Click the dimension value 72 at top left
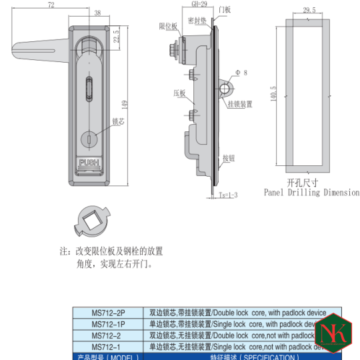(51, 5)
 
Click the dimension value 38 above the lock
(97, 13)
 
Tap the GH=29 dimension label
(191, 4)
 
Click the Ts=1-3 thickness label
(228, 195)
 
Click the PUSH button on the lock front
(89, 162)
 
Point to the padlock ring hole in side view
(226, 88)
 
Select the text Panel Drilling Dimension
(311, 193)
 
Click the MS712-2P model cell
(107, 313)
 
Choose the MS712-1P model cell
(107, 324)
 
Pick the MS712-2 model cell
(107, 335)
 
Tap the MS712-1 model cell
(107, 346)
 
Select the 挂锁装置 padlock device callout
(239, 104)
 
